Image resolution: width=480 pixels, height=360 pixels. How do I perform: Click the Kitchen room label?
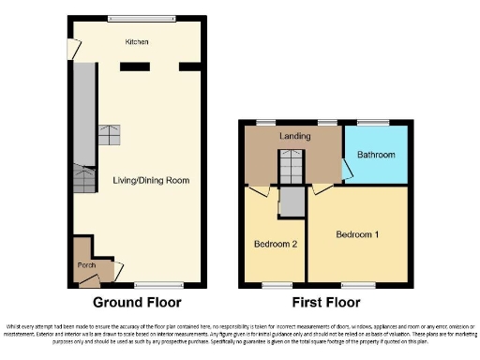pos(138,42)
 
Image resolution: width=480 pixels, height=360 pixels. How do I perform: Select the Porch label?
pos(86,265)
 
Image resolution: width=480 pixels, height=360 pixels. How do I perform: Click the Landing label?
pos(294,137)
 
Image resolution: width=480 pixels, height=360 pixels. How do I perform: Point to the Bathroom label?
pos(374,154)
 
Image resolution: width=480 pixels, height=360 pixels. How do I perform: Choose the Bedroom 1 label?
pos(357,234)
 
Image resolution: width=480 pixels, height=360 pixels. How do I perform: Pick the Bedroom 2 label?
pos(275,244)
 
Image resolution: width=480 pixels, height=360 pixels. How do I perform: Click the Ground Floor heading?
pos(136,302)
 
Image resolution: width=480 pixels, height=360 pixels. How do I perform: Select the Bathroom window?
pos(373,122)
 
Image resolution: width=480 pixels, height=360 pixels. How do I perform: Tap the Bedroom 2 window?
pos(276,284)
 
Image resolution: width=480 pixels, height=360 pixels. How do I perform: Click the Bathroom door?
pos(347,169)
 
